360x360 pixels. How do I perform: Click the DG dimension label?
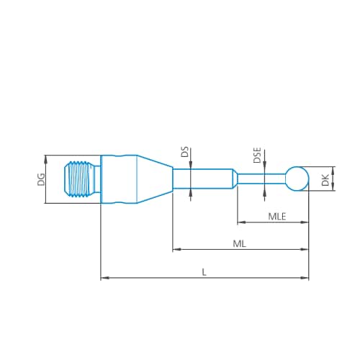click(41, 179)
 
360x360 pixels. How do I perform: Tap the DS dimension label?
click(184, 152)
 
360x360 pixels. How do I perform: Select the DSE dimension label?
click(258, 155)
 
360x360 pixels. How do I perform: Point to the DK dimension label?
click(325, 180)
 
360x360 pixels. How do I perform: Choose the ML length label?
click(240, 244)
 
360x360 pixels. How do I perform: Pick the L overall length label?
click(204, 271)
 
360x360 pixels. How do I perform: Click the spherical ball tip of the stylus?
click(297, 178)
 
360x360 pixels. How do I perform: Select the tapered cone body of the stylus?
click(155, 179)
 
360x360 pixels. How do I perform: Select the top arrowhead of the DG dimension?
click(46, 158)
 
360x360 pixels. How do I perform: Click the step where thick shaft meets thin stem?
click(235, 178)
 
